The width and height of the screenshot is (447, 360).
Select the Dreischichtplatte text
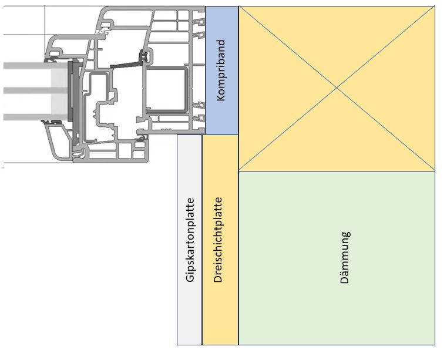pos(218,240)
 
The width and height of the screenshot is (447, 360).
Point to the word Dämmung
pos(345,258)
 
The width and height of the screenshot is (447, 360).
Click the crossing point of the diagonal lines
pos(337,88)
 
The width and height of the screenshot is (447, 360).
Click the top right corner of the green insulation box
pos(435,171)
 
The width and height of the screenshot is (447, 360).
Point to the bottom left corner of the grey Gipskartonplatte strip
pos(177,344)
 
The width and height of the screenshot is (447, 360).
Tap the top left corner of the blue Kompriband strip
pos(205,7)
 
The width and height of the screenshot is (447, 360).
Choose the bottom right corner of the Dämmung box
pos(435,344)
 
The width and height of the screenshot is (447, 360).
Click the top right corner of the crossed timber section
pos(435,7)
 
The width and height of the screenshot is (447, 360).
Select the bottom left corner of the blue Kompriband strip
pos(205,134)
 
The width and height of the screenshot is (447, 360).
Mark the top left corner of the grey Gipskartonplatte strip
pos(177,135)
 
